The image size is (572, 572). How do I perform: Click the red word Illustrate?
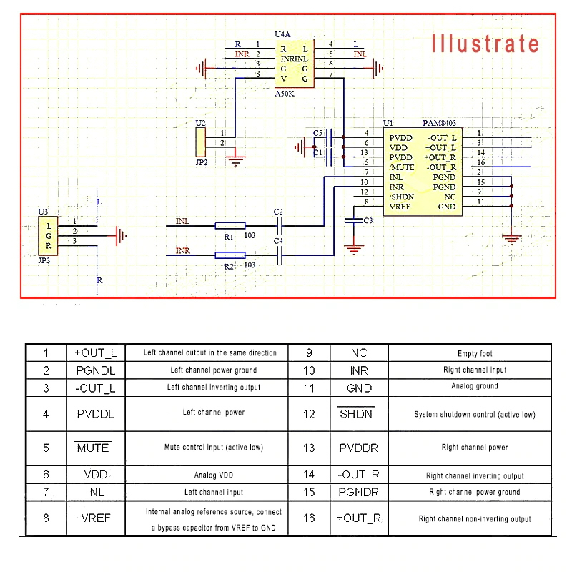pyautogui.click(x=485, y=43)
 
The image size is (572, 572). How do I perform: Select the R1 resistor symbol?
pyautogui.click(x=230, y=225)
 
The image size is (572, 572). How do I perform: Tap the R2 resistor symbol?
pyautogui.click(x=230, y=255)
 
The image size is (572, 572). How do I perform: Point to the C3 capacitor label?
pyautogui.click(x=368, y=220)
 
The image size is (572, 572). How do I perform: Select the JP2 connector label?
pyautogui.click(x=201, y=162)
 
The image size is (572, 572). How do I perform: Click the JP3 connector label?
pyautogui.click(x=45, y=262)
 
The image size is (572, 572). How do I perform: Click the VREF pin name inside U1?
pyautogui.click(x=400, y=207)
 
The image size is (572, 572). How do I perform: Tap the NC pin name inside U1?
pyautogui.click(x=449, y=197)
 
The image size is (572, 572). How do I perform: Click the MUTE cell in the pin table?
pyautogui.click(x=92, y=448)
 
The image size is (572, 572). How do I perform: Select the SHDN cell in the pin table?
pyautogui.click(x=356, y=414)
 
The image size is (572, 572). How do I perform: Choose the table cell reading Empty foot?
pyautogui.click(x=475, y=353)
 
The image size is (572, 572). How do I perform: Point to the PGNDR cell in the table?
pyautogui.click(x=359, y=492)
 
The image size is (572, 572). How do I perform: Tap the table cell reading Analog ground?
pyautogui.click(x=475, y=386)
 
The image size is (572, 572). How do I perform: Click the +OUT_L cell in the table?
pyautogui.click(x=95, y=352)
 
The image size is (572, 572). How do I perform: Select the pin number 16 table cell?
pyautogui.click(x=309, y=518)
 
